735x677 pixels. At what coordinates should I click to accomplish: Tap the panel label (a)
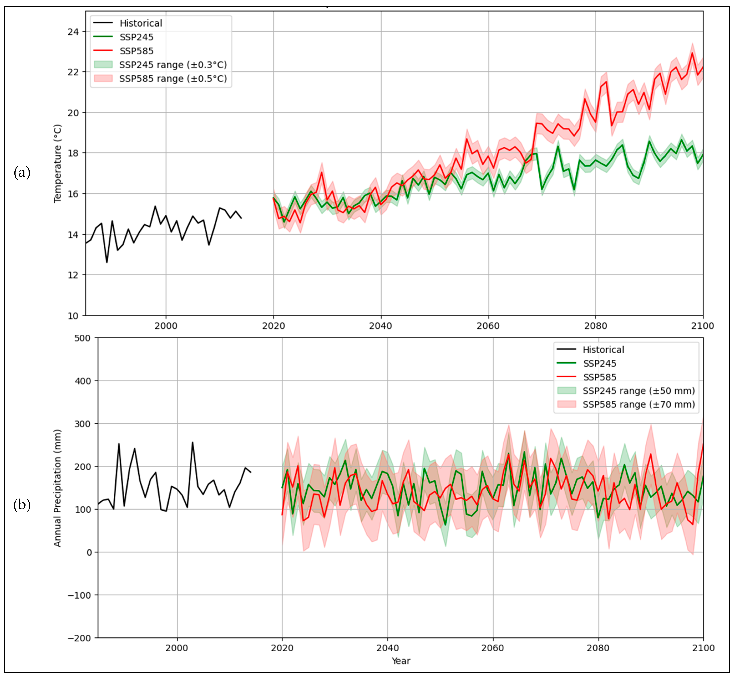22,172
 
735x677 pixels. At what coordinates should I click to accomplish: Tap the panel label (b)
22,505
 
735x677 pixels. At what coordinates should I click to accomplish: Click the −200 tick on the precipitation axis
79,638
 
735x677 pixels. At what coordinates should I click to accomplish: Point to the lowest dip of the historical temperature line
107,262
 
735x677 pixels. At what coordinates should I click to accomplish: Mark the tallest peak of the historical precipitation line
193,443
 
